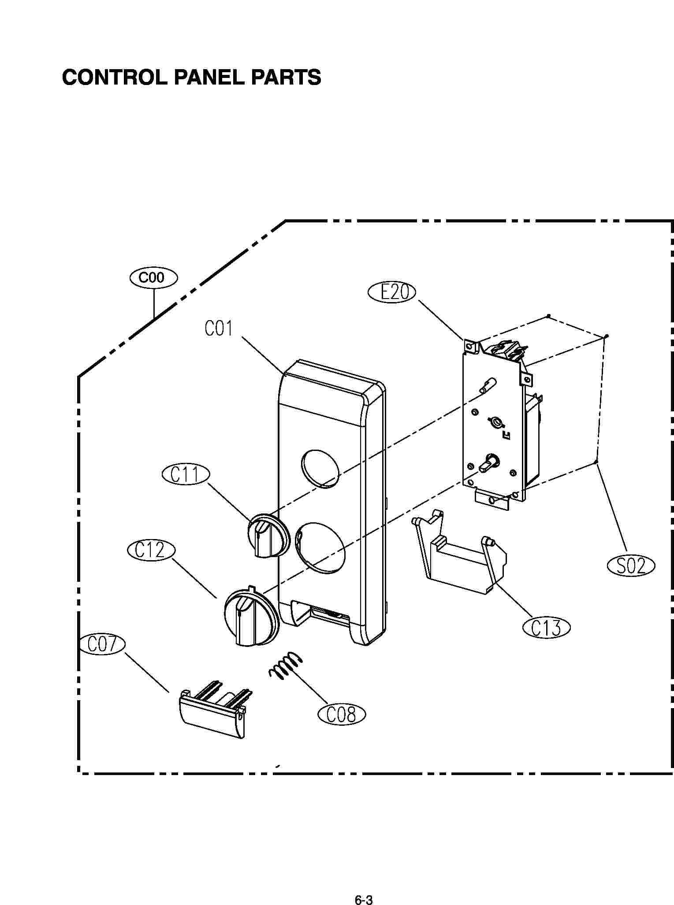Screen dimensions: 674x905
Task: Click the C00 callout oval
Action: pos(154,278)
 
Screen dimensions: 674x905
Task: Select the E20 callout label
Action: pos(392,292)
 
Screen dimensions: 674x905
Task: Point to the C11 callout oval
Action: pos(186,475)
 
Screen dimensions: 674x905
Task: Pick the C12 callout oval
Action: pos(151,550)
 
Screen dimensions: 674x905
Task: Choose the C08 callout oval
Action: pos(342,714)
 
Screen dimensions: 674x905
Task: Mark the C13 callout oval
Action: pos(546,628)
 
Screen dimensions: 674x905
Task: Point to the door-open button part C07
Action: pos(214,714)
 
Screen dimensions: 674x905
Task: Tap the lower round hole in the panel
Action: pos(320,548)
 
